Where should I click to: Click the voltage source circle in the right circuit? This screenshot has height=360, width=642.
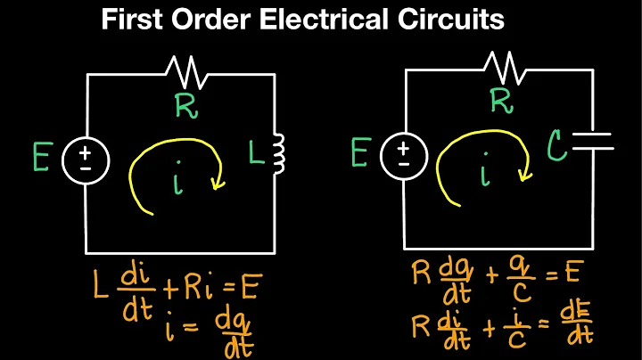[x=404, y=157]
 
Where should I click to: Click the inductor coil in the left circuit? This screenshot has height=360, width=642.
[x=277, y=154]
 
